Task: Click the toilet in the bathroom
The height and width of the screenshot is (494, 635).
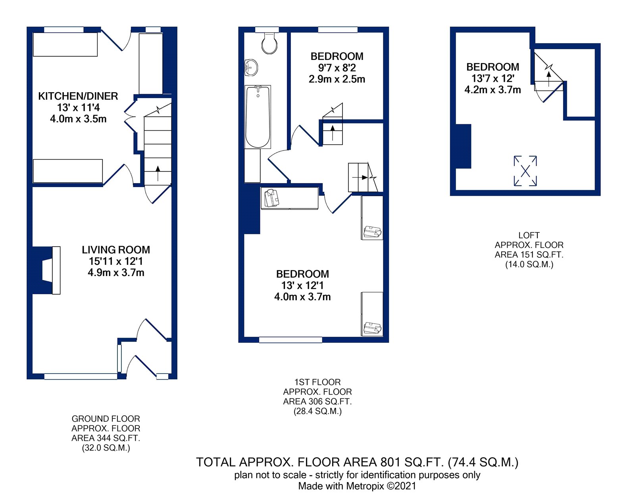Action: point(269,43)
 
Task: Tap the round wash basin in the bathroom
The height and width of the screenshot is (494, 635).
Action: point(251,68)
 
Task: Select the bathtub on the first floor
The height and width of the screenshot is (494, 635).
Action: point(258,117)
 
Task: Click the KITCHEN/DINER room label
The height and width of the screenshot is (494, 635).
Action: point(78,96)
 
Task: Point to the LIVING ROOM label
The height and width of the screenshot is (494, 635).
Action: point(116,250)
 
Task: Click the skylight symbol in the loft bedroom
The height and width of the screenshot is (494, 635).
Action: point(525,171)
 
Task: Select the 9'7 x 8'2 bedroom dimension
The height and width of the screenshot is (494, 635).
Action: point(337,68)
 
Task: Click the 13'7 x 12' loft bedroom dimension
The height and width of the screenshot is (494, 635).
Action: point(493,78)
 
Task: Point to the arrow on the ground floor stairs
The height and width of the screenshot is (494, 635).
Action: point(158,174)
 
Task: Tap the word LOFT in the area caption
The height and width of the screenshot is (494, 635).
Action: point(529,235)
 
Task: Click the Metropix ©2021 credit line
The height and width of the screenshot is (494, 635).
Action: point(357,486)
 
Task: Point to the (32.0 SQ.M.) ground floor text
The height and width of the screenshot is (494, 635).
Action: point(106,448)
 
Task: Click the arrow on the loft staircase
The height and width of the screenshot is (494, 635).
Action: point(548,79)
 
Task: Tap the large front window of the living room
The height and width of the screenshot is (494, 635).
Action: point(81,376)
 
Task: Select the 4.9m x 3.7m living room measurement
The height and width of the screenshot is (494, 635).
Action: point(116,273)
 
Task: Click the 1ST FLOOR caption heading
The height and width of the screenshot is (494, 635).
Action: point(317,382)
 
